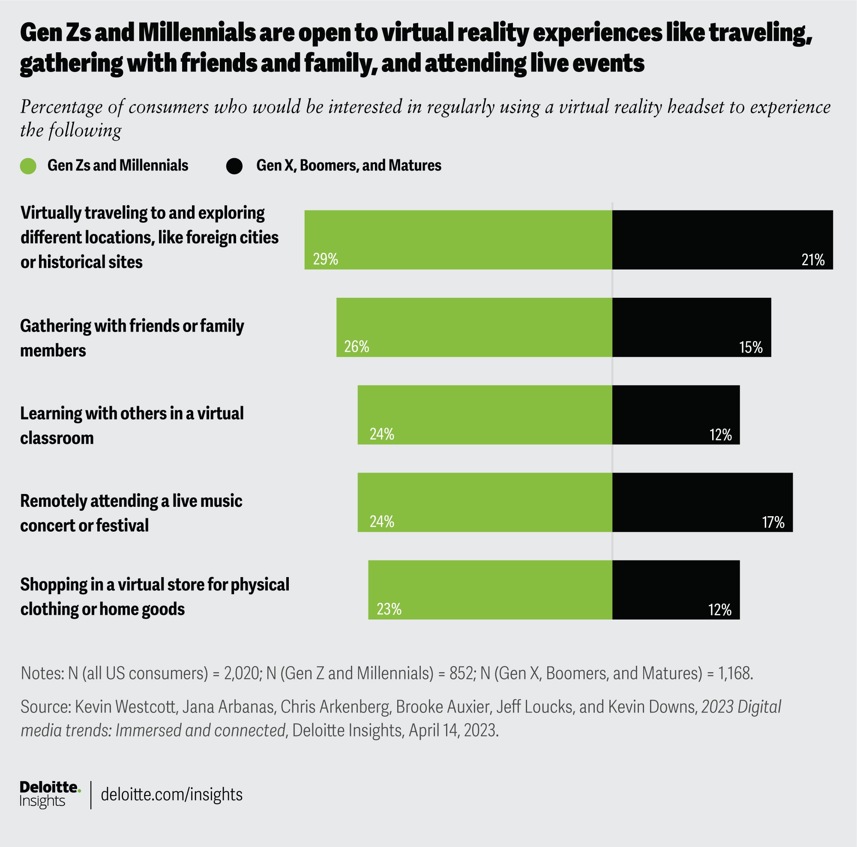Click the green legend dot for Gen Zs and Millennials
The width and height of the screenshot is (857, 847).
[x=28, y=166]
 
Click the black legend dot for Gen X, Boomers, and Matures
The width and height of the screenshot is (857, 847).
[x=234, y=166]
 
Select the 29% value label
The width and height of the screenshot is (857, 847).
[x=326, y=259]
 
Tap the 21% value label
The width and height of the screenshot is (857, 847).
[x=812, y=260]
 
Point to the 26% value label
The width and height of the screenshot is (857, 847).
[x=357, y=346]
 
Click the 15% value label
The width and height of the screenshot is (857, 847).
[x=751, y=347]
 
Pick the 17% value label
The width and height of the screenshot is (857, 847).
[x=773, y=522]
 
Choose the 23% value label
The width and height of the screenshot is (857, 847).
[x=389, y=609]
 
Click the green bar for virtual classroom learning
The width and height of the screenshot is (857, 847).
[x=485, y=415]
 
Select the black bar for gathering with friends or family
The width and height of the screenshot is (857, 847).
[x=692, y=327]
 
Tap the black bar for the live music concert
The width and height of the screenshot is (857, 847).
[x=702, y=502]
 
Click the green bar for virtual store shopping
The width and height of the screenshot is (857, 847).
[x=490, y=590]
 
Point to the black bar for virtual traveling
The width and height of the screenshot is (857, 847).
[x=722, y=239]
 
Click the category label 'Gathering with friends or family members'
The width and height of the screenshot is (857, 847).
[x=132, y=338]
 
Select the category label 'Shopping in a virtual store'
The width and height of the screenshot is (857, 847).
[x=154, y=596]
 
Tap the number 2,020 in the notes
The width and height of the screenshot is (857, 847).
[x=241, y=673]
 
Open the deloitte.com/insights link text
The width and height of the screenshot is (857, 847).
[x=172, y=794]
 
